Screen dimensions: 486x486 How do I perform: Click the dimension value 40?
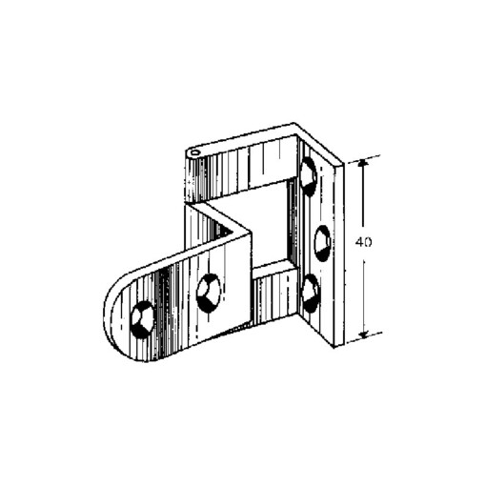click(x=363, y=242)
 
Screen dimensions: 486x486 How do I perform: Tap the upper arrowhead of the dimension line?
click(x=363, y=164)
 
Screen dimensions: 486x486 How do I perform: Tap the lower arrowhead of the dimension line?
click(x=364, y=334)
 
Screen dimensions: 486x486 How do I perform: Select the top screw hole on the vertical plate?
click(x=309, y=176)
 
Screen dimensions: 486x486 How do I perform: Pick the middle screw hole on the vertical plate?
click(x=322, y=243)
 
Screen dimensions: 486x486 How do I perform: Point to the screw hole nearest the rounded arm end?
click(x=143, y=318)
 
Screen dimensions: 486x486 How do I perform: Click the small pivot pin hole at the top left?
click(x=194, y=153)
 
